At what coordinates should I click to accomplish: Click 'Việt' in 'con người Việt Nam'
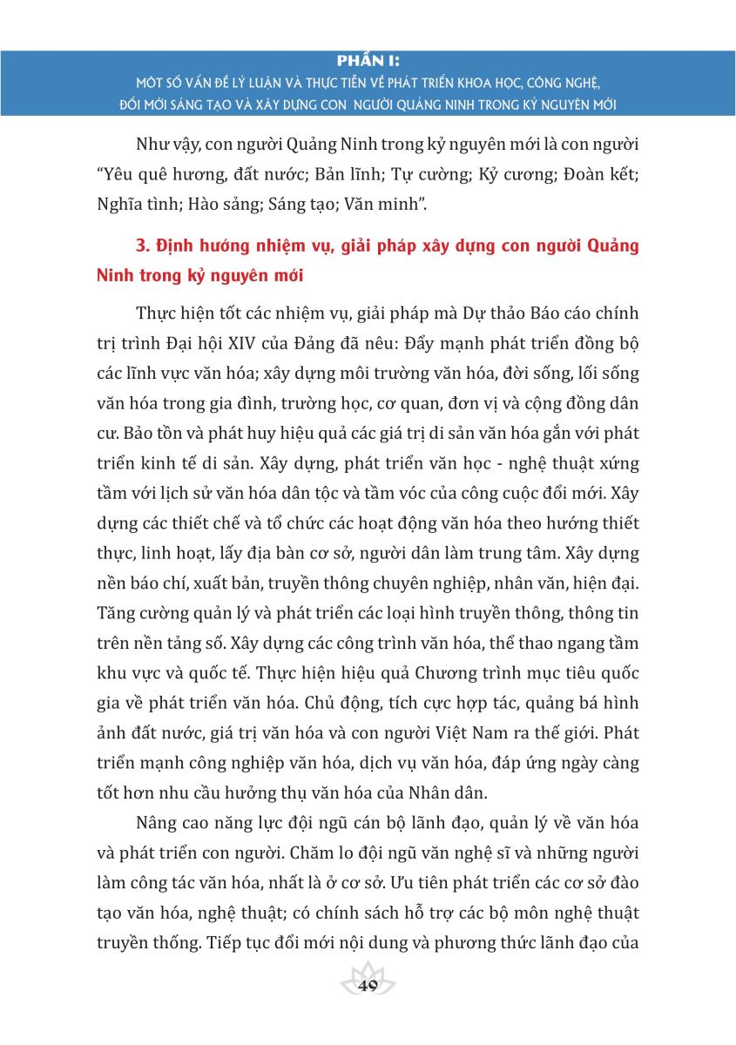464,733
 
